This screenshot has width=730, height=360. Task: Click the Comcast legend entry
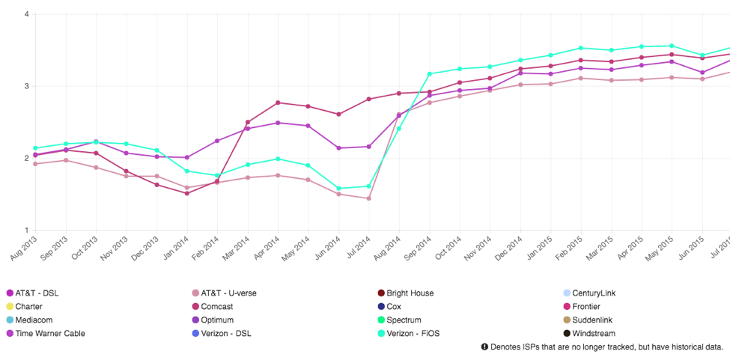(x=216, y=307)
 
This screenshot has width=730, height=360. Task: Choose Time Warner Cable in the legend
(x=49, y=334)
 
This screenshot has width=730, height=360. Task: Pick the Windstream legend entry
(x=594, y=334)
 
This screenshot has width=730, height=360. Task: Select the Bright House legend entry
(x=410, y=293)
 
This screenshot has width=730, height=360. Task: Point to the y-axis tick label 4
(x=26, y=14)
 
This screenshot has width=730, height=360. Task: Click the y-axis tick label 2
(x=26, y=159)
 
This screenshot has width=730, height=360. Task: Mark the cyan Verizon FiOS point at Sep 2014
(x=430, y=74)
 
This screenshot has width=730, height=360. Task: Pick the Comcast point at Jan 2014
(x=187, y=193)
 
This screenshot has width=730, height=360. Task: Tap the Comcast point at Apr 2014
(x=278, y=103)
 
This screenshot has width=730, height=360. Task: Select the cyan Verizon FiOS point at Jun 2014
(x=339, y=189)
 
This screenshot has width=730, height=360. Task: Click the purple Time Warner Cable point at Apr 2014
(x=278, y=123)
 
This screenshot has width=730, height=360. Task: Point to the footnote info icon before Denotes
(x=484, y=347)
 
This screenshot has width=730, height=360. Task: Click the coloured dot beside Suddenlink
(x=567, y=320)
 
